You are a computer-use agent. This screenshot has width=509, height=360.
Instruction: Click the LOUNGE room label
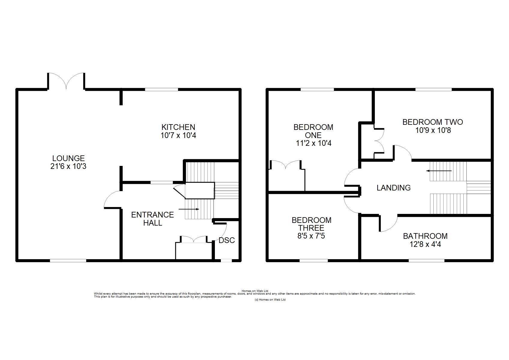(x=68, y=158)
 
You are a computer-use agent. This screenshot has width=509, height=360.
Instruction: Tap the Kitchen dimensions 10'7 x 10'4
(x=178, y=135)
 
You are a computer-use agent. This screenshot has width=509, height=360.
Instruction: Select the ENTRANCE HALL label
(x=152, y=219)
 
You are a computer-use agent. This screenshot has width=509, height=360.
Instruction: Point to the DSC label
(x=227, y=240)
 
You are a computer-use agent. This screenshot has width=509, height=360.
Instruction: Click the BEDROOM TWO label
(x=433, y=122)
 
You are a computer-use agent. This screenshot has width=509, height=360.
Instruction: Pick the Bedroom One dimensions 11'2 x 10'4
(x=314, y=143)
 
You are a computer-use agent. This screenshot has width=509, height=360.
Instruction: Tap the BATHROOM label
(x=425, y=236)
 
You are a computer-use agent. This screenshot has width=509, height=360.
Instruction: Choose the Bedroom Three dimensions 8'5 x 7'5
(x=311, y=236)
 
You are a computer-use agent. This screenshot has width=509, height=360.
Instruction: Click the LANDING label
(x=393, y=187)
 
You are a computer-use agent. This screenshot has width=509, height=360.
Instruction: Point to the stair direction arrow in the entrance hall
(x=189, y=209)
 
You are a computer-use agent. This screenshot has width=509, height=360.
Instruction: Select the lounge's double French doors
(x=66, y=81)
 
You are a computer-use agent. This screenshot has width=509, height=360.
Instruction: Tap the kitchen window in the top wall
(x=161, y=89)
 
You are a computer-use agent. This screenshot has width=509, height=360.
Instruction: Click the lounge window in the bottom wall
(x=68, y=260)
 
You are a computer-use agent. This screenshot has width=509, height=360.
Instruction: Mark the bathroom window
(x=426, y=260)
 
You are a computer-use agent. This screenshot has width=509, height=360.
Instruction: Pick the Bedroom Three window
(x=314, y=260)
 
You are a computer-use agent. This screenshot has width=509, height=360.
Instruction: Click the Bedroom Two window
(x=434, y=89)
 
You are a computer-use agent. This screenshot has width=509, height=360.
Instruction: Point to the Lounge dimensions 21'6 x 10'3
(x=68, y=166)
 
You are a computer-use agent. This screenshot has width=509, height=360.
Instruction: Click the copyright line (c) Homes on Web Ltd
(x=270, y=300)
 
